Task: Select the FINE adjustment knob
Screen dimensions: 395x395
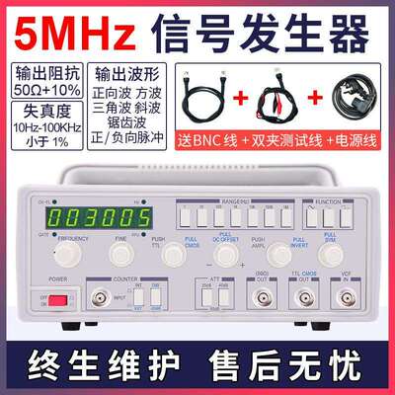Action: [121, 255]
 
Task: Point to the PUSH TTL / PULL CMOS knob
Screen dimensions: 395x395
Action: [174, 255]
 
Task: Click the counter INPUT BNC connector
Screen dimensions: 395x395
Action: [99, 299]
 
